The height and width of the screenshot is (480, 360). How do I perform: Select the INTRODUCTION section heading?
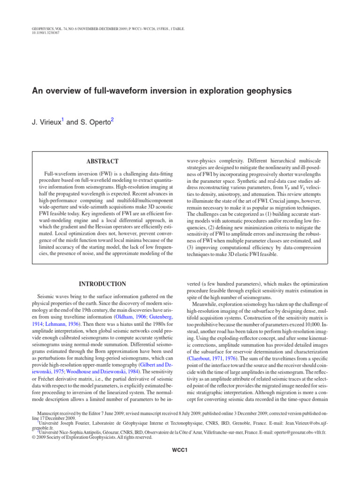[102, 284]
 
